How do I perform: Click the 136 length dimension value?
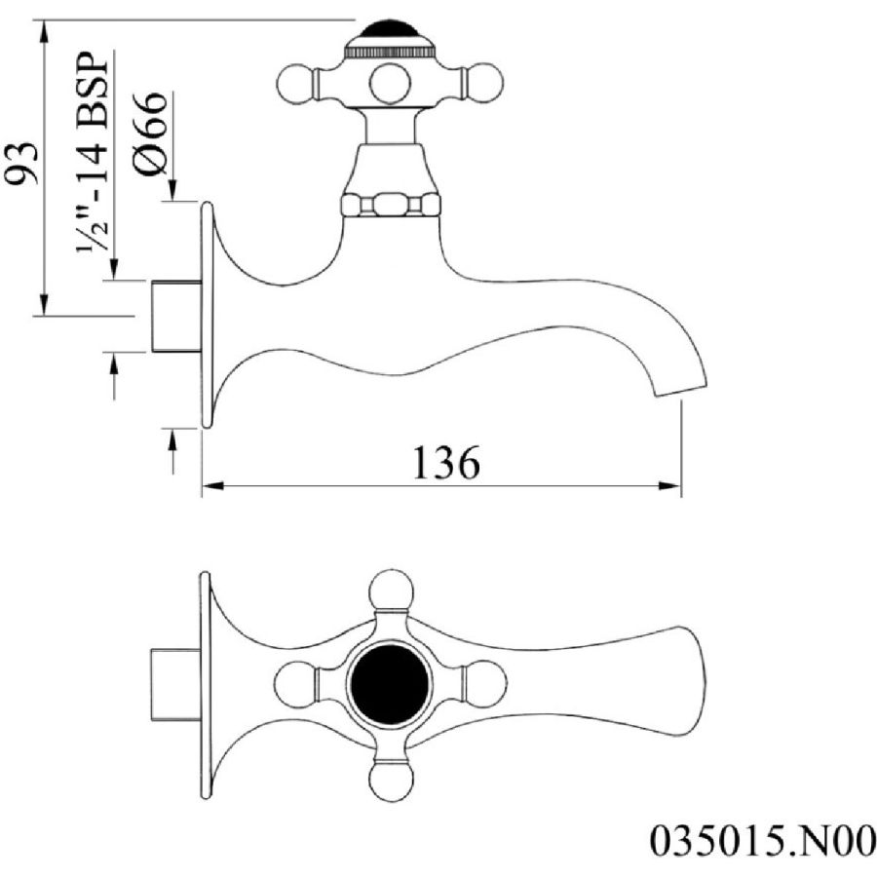point(445,463)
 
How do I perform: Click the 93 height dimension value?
point(22,162)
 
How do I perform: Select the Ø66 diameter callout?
point(150,133)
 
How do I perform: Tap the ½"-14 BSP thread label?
point(93,153)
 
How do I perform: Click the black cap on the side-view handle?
point(389,31)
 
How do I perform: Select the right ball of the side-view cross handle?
point(485,84)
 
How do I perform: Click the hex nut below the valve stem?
point(390,205)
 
